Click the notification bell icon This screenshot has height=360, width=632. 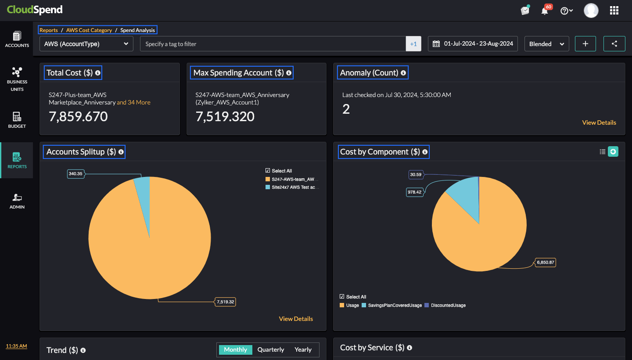tap(545, 11)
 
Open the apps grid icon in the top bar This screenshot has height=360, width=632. tap(614, 11)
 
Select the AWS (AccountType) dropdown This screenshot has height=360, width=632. tap(86, 44)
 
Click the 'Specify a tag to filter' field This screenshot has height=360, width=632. tap(272, 44)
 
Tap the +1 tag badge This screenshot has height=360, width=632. tap(413, 44)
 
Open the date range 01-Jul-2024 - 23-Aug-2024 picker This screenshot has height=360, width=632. tap(473, 44)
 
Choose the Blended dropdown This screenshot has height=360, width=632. tap(546, 44)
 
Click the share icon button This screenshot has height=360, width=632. tap(614, 44)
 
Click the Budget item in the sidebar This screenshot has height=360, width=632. tap(17, 120)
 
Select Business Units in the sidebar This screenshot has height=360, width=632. tap(17, 79)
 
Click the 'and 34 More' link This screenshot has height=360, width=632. tap(133, 102)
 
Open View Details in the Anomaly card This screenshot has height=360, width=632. tap(599, 122)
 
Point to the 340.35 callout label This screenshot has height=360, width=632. tap(75, 174)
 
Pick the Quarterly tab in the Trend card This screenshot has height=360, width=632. tap(271, 350)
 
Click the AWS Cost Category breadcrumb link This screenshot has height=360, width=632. tap(89, 30)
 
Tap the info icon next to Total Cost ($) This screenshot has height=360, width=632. tap(98, 73)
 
